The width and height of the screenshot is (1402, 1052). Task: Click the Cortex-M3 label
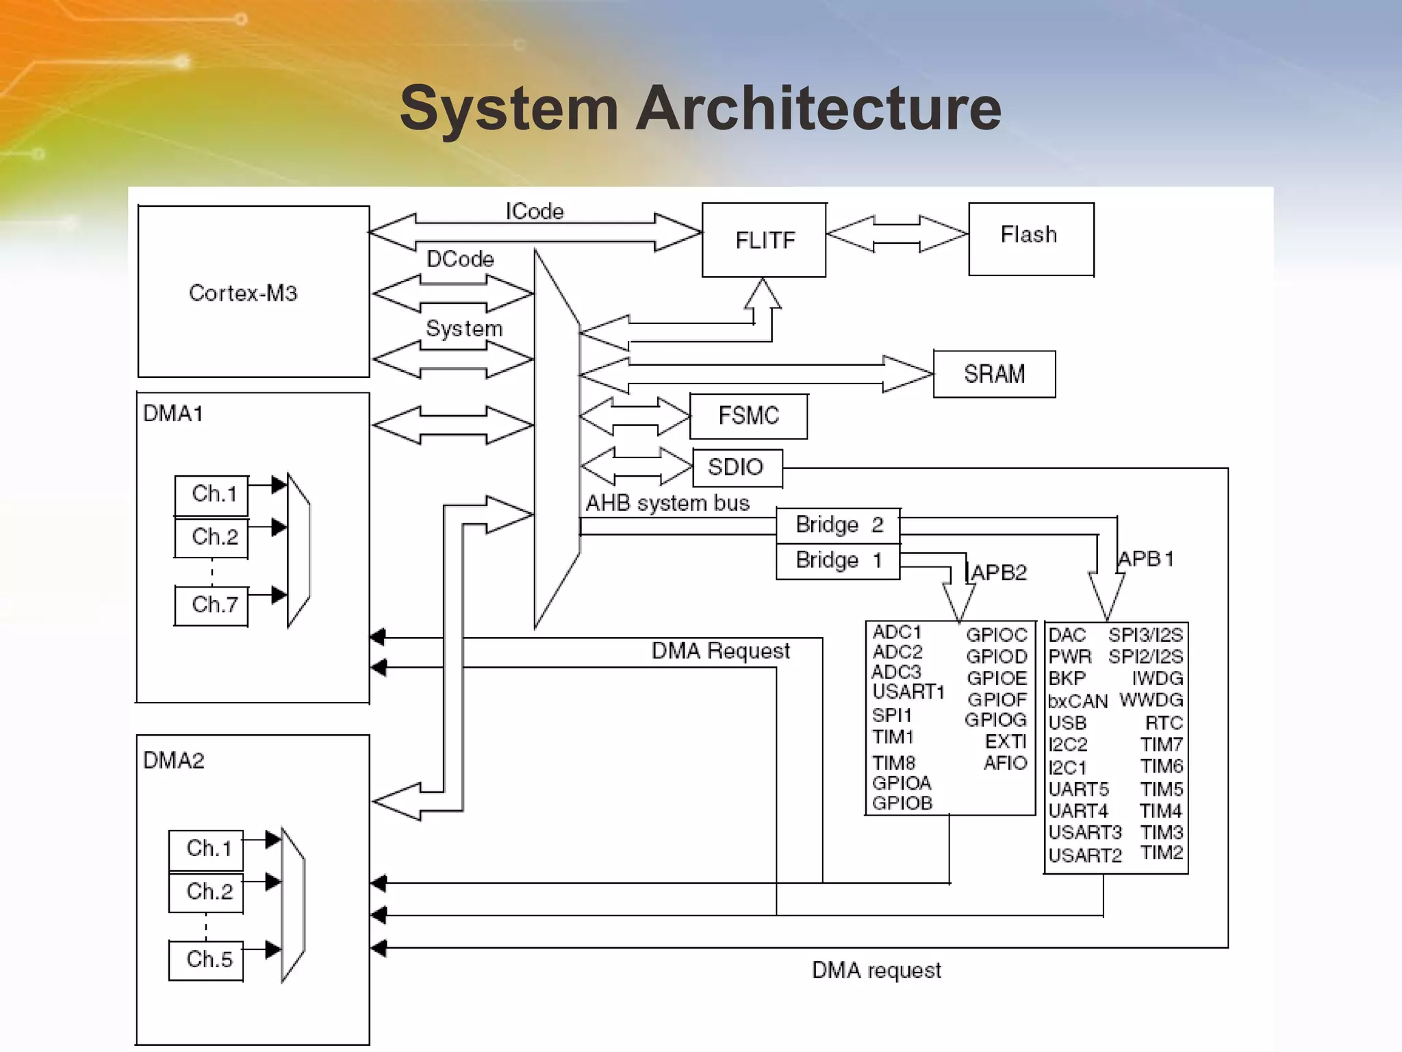tap(243, 293)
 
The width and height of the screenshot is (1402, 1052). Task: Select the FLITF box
tap(764, 240)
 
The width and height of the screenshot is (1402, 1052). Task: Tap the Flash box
tap(1030, 238)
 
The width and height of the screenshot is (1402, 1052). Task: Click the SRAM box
tap(994, 374)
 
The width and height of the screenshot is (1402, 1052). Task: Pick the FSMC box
tap(748, 416)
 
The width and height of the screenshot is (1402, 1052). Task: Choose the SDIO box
tap(737, 467)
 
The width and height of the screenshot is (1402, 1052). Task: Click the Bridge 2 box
tap(838, 525)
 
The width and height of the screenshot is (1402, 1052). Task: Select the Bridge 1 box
tap(838, 561)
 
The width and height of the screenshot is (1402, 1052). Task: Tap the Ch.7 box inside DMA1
tap(212, 605)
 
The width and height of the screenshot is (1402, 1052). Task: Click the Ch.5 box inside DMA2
tap(207, 960)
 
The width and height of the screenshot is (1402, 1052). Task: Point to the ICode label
tap(535, 212)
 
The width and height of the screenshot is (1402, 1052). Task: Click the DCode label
tap(460, 259)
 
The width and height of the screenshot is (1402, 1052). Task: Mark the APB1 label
tap(1146, 559)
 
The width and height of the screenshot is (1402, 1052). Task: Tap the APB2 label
tap(999, 572)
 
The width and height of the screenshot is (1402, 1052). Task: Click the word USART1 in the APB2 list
tap(908, 692)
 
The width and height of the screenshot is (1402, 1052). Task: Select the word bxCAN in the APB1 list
tap(1078, 701)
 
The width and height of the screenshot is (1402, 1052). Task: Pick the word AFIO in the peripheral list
tap(1005, 763)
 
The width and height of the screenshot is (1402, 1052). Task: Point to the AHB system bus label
tap(667, 503)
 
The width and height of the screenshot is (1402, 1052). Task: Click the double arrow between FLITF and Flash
tap(897, 234)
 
